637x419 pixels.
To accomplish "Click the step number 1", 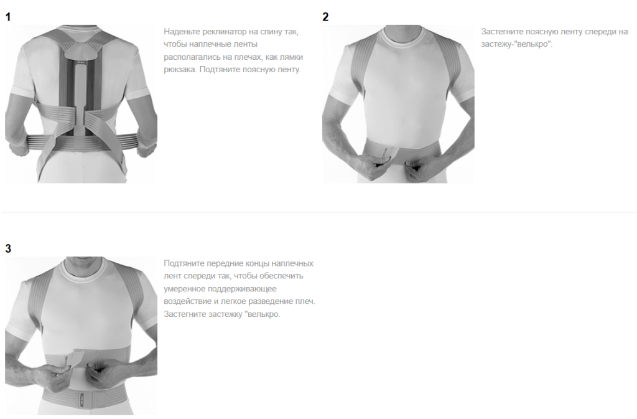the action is tap(7, 17).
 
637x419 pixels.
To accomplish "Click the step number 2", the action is tap(325, 17).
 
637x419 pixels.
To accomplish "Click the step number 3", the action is tap(7, 248).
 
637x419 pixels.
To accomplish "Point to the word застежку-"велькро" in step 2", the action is tap(516, 44).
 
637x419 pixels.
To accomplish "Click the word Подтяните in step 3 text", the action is tap(184, 263).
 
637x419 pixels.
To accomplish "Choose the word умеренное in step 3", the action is tap(184, 288).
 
